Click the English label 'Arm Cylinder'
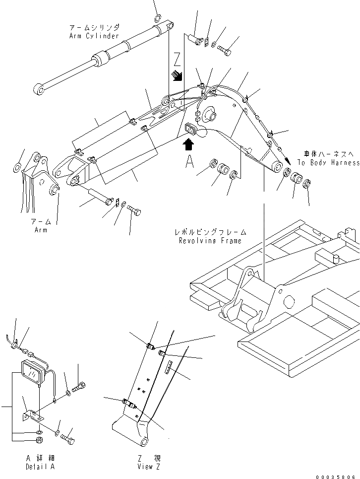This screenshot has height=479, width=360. click(94, 36)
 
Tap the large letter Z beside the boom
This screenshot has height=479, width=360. click(177, 60)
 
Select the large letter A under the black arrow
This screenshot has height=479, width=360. click(189, 161)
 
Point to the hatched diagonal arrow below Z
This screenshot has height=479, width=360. click(177, 76)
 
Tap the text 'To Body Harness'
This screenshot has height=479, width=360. click(328, 163)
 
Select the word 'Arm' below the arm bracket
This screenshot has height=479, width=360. click(41, 230)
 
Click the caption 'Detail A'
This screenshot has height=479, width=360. click(40, 467)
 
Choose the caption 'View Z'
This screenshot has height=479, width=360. click(149, 467)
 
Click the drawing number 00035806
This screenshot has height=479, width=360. click(335, 476)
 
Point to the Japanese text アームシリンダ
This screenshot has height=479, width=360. click(95, 28)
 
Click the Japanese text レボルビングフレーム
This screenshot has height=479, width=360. click(210, 232)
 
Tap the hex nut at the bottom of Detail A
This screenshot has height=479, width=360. click(39, 440)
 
